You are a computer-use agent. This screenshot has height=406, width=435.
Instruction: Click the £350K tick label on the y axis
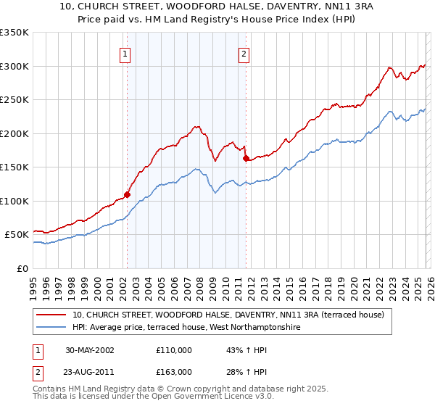pyautogui.click(x=14, y=33)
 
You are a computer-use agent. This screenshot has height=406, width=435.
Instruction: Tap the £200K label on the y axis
pyautogui.click(x=14, y=133)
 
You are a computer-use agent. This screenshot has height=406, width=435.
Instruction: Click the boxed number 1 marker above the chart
pyautogui.click(x=125, y=54)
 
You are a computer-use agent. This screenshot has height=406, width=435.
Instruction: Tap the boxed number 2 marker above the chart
pyautogui.click(x=244, y=54)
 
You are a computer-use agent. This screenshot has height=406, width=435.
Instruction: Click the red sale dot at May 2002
pyautogui.click(x=127, y=194)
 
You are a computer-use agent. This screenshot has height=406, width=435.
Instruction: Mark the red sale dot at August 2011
pyautogui.click(x=246, y=158)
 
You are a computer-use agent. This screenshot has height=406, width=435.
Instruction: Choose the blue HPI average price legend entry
pyautogui.click(x=186, y=328)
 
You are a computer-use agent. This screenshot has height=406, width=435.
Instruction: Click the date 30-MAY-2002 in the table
pyautogui.click(x=90, y=350)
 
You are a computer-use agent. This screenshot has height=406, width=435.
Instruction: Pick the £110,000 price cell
pyautogui.click(x=174, y=350)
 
